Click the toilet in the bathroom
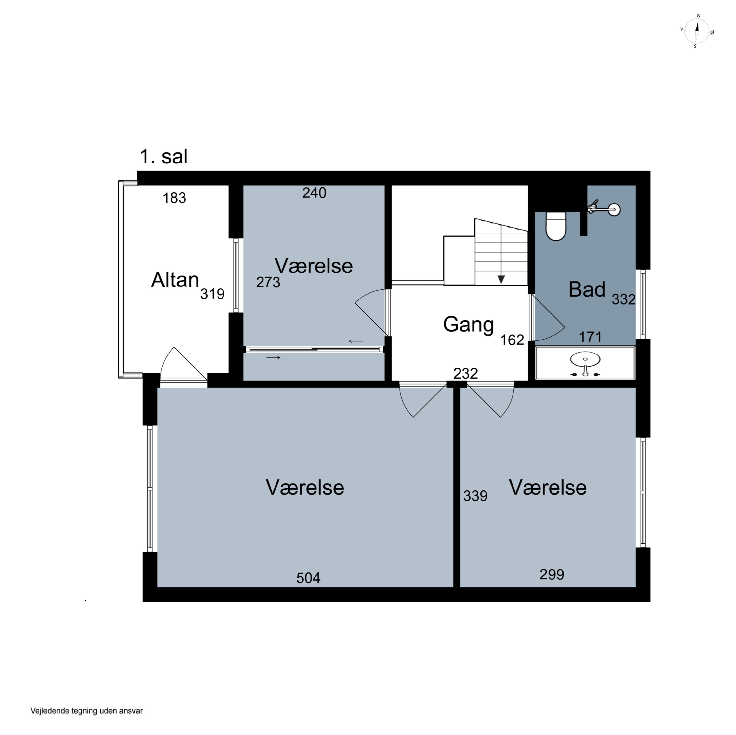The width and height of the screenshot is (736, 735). (x=556, y=226)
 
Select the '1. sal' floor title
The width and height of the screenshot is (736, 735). (x=163, y=156)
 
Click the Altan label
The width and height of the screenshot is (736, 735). (x=175, y=280)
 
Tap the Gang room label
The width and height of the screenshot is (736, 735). (x=468, y=325)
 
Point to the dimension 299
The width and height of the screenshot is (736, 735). (x=552, y=574)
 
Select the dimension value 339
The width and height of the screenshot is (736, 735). (x=475, y=496)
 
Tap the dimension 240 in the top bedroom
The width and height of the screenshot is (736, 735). (x=314, y=193)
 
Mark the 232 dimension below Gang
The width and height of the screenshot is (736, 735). (x=466, y=373)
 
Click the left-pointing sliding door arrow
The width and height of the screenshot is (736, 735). (x=355, y=341)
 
